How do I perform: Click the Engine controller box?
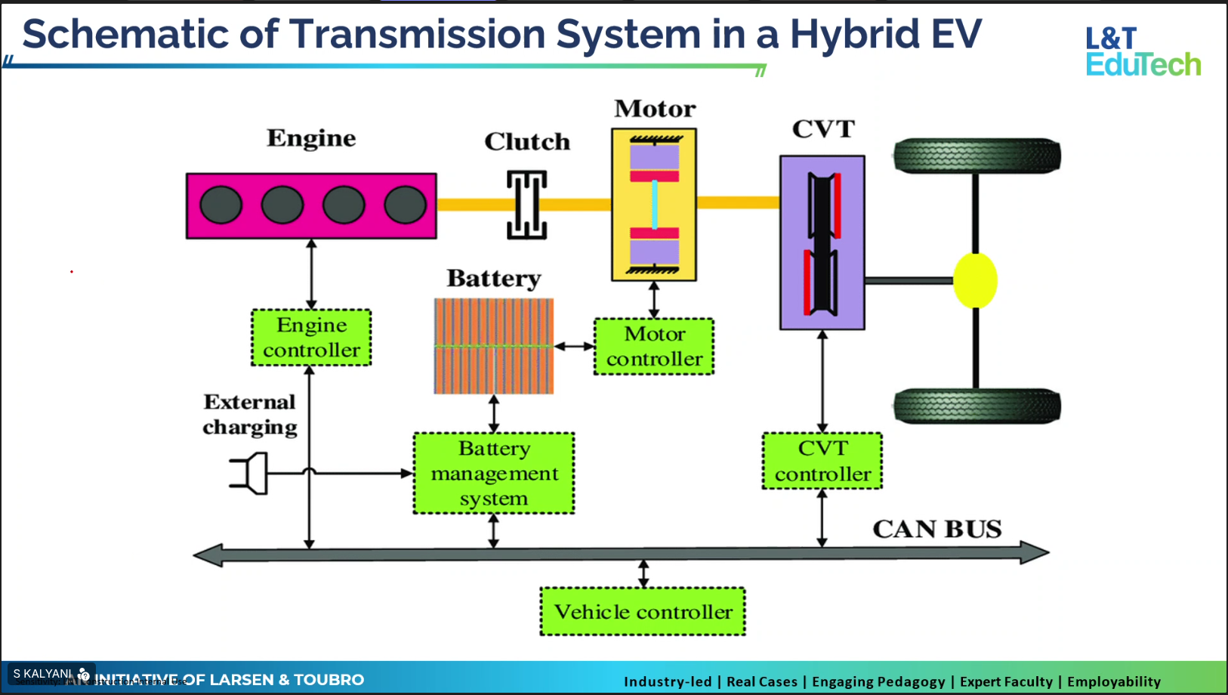click(x=311, y=338)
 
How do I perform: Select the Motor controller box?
click(x=654, y=347)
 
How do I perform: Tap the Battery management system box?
click(x=494, y=474)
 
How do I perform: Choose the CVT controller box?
click(x=822, y=461)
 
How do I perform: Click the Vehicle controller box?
click(x=643, y=612)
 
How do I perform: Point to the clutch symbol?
click(x=526, y=204)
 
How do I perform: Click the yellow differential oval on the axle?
click(x=975, y=280)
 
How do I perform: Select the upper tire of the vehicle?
click(x=977, y=156)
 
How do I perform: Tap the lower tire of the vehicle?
click(x=977, y=406)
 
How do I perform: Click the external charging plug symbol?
click(x=251, y=474)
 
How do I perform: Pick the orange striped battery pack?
click(x=494, y=346)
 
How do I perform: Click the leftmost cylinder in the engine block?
click(x=221, y=205)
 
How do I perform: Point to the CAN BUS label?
click(x=936, y=529)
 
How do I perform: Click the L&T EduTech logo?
click(x=1143, y=52)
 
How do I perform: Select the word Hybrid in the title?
click(x=855, y=34)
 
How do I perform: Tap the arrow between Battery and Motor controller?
click(x=574, y=347)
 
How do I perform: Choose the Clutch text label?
click(x=527, y=142)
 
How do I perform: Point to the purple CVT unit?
click(x=822, y=242)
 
